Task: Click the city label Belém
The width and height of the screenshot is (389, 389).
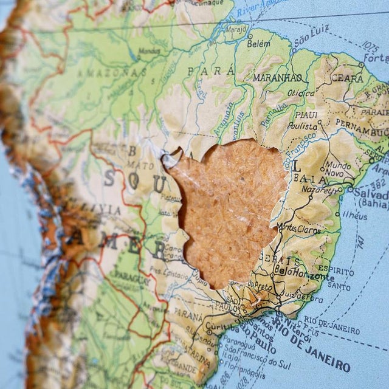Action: click(x=259, y=43)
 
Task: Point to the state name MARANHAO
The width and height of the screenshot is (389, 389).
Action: click(x=277, y=78)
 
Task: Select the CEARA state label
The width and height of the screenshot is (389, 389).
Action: click(x=347, y=78)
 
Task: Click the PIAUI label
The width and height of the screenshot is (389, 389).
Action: click(x=306, y=114)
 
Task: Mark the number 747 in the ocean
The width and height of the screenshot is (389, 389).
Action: click(x=359, y=243)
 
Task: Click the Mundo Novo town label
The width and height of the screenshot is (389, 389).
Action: click(x=337, y=169)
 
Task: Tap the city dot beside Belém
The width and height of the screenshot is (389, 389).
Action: click(x=250, y=36)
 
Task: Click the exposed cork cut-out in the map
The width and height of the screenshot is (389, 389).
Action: click(x=228, y=207)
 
